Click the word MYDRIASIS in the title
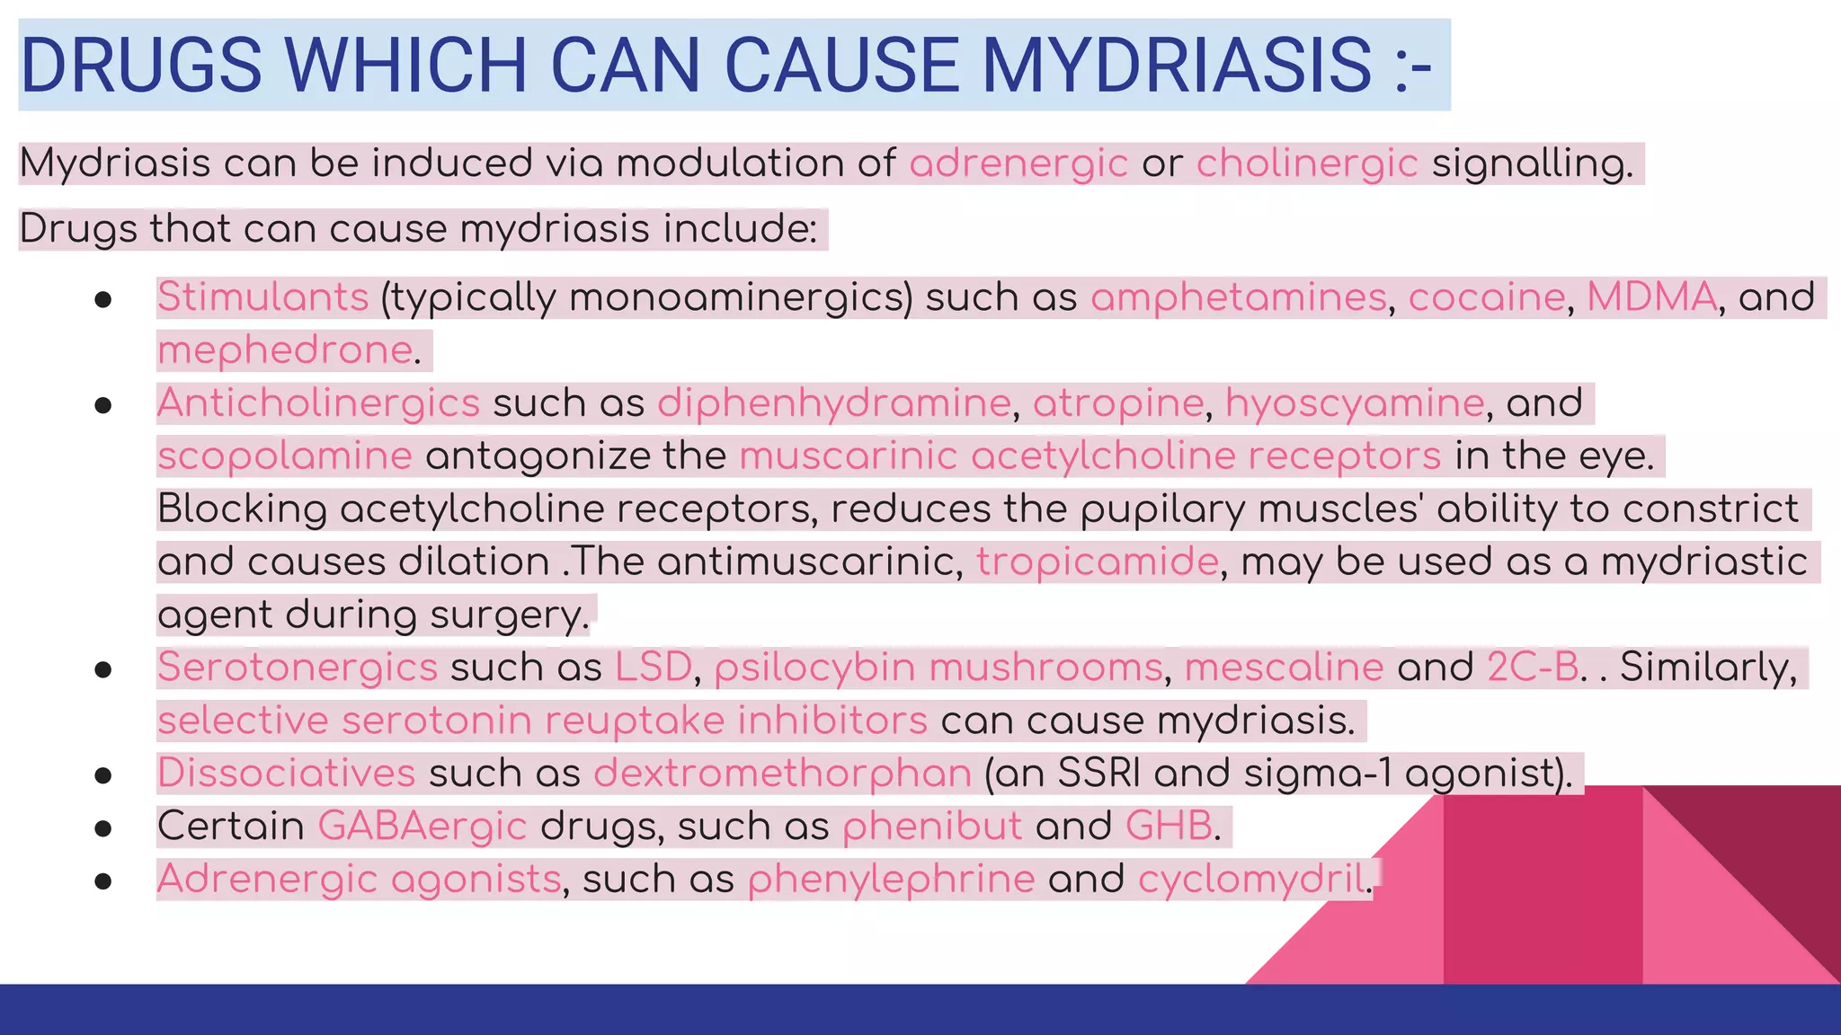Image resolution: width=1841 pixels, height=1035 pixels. (1177, 65)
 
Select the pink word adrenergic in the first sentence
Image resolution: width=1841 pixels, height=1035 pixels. (1018, 164)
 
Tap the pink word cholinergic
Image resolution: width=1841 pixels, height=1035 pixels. (1306, 164)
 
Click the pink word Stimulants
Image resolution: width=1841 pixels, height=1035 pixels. (262, 297)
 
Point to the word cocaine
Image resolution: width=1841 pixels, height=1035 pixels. (1486, 297)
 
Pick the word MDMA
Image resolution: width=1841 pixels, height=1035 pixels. (1651, 297)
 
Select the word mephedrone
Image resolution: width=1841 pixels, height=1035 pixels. (285, 350)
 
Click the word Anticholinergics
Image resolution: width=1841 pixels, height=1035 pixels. (318, 403)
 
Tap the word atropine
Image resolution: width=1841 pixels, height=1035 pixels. (1117, 403)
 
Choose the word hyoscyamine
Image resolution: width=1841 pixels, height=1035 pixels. (1354, 403)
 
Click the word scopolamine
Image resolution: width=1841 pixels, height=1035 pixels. (284, 456)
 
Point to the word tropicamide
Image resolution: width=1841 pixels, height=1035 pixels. (1097, 562)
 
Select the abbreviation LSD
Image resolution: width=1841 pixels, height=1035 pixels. (653, 668)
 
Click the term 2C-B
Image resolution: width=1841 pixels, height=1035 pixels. (1532, 668)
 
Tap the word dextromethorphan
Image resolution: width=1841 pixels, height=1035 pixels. (782, 774)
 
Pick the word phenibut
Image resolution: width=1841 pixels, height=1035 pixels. (931, 827)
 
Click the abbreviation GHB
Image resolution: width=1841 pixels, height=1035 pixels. (1168, 827)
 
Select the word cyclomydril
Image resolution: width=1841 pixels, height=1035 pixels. (1252, 880)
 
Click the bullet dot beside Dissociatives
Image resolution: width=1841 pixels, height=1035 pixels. (102, 775)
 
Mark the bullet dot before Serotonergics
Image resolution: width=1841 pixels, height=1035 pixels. (102, 669)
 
